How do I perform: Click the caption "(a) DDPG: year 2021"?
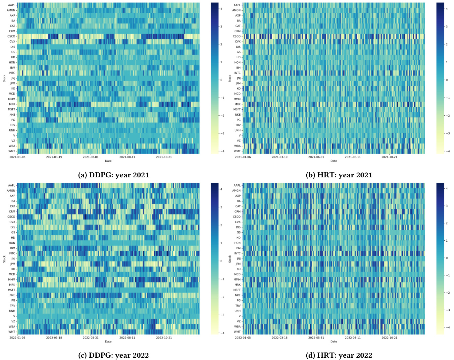(x=114, y=175)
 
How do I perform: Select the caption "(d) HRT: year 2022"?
(x=339, y=355)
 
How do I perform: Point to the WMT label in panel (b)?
(x=237, y=151)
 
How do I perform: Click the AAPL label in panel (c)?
(x=12, y=186)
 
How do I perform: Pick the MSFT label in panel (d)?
(x=237, y=290)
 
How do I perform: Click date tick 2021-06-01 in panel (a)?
(x=90, y=157)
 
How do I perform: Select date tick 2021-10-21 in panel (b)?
(x=389, y=157)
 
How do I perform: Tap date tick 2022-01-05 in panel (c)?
(x=17, y=338)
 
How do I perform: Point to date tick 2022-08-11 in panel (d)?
(x=353, y=338)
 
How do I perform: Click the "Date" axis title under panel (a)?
(x=108, y=161)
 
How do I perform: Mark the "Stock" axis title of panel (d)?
(x=230, y=259)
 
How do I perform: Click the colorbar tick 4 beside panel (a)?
(x=221, y=9)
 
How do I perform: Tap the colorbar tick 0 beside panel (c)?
(x=221, y=261)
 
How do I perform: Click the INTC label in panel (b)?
(x=237, y=73)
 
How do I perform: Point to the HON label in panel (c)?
(x=12, y=243)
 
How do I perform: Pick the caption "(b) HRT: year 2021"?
(x=339, y=175)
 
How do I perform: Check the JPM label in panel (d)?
(x=238, y=264)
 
